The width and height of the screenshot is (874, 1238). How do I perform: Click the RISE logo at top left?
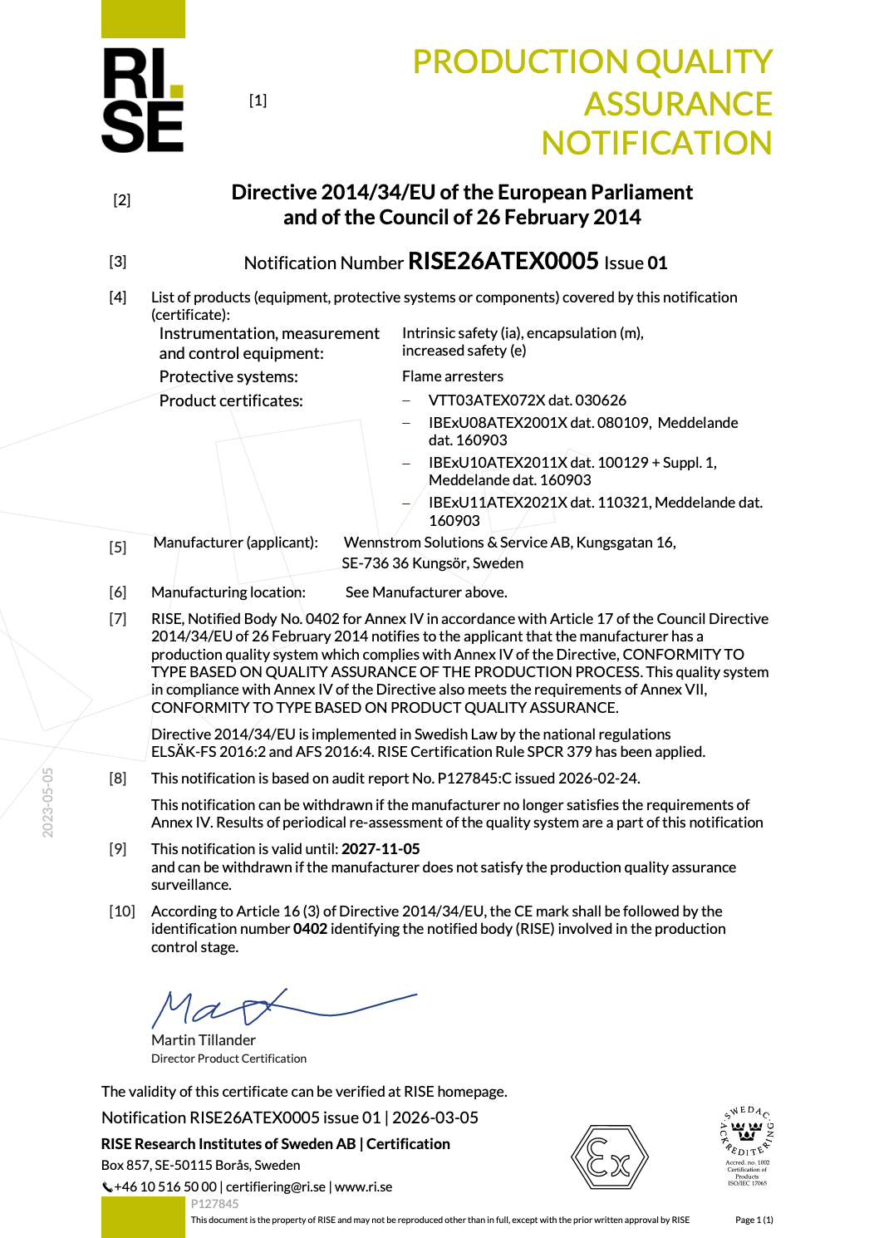pyautogui.click(x=143, y=100)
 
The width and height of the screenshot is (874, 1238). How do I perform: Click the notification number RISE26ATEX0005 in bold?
pyautogui.click(x=503, y=261)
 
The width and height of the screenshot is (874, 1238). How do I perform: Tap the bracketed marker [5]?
pyautogui.click(x=118, y=548)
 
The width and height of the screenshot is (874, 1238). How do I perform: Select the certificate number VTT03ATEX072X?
pyautogui.click(x=486, y=400)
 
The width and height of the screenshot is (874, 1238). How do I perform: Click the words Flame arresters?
pyautogui.click(x=453, y=376)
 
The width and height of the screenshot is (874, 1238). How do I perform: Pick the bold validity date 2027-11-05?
pyautogui.click(x=381, y=849)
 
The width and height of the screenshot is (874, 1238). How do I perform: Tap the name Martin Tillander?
pyautogui.click(x=204, y=1040)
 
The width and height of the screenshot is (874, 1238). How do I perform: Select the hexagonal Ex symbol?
pyautogui.click(x=609, y=1157)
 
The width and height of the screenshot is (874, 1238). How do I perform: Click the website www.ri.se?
pyautogui.click(x=364, y=1187)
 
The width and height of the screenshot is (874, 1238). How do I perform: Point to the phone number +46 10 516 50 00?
pyautogui.click(x=165, y=1187)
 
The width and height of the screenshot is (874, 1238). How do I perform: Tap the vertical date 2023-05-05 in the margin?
pyautogui.click(x=48, y=803)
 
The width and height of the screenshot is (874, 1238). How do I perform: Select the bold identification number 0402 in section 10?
pyautogui.click(x=310, y=929)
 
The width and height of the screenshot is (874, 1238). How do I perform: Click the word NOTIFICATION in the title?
pyautogui.click(x=656, y=143)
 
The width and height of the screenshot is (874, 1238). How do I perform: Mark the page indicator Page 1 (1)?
pyautogui.click(x=754, y=1220)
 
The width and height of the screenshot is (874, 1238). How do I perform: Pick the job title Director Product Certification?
pyautogui.click(x=228, y=1059)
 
